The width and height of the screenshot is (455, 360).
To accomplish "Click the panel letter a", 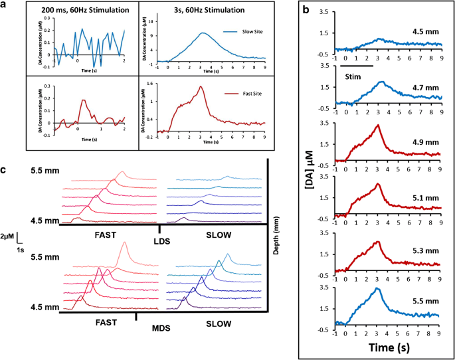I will (x=6, y=5).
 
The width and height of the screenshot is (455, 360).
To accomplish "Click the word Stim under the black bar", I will (x=353, y=76).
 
